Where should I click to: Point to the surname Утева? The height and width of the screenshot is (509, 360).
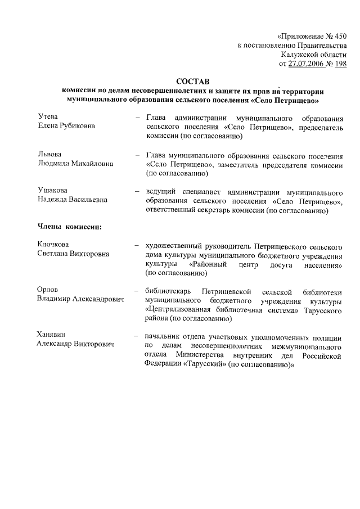tap(48, 116)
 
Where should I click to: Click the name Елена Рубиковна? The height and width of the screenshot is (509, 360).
tap(66, 126)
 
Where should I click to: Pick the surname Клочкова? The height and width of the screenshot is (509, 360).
tap(53, 245)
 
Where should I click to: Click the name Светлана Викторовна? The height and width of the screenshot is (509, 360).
tap(73, 254)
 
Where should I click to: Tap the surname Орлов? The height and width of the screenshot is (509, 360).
tap(48, 290)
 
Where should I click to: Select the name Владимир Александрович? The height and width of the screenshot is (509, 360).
tap(80, 299)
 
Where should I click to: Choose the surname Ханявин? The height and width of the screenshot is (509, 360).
tap(52, 335)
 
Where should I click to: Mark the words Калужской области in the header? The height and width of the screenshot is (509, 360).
tap(314, 55)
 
